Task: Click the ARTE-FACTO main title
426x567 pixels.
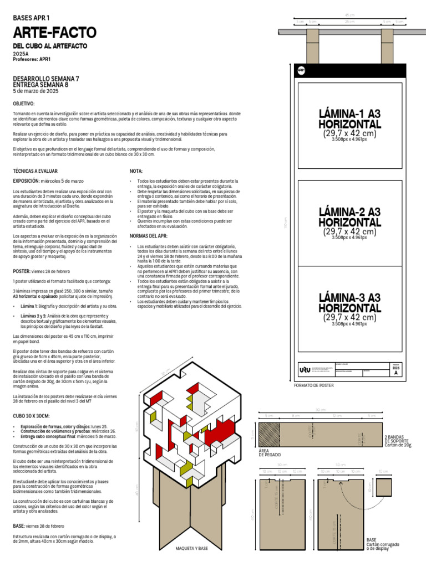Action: pos(54,32)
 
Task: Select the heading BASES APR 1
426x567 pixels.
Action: pos(31,18)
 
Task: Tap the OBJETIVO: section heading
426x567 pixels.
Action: pos(24,104)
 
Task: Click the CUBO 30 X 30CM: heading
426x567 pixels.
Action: pos(31,415)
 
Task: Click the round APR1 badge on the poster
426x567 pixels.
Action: pos(301,70)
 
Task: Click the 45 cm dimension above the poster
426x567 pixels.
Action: pos(349,15)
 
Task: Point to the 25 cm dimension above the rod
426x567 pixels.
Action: pos(349,22)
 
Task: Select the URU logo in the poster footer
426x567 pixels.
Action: pos(305,369)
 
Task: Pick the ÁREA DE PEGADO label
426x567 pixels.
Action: pos(267,453)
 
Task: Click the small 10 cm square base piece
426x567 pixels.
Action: pos(384,487)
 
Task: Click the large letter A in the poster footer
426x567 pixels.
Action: pos(395,373)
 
